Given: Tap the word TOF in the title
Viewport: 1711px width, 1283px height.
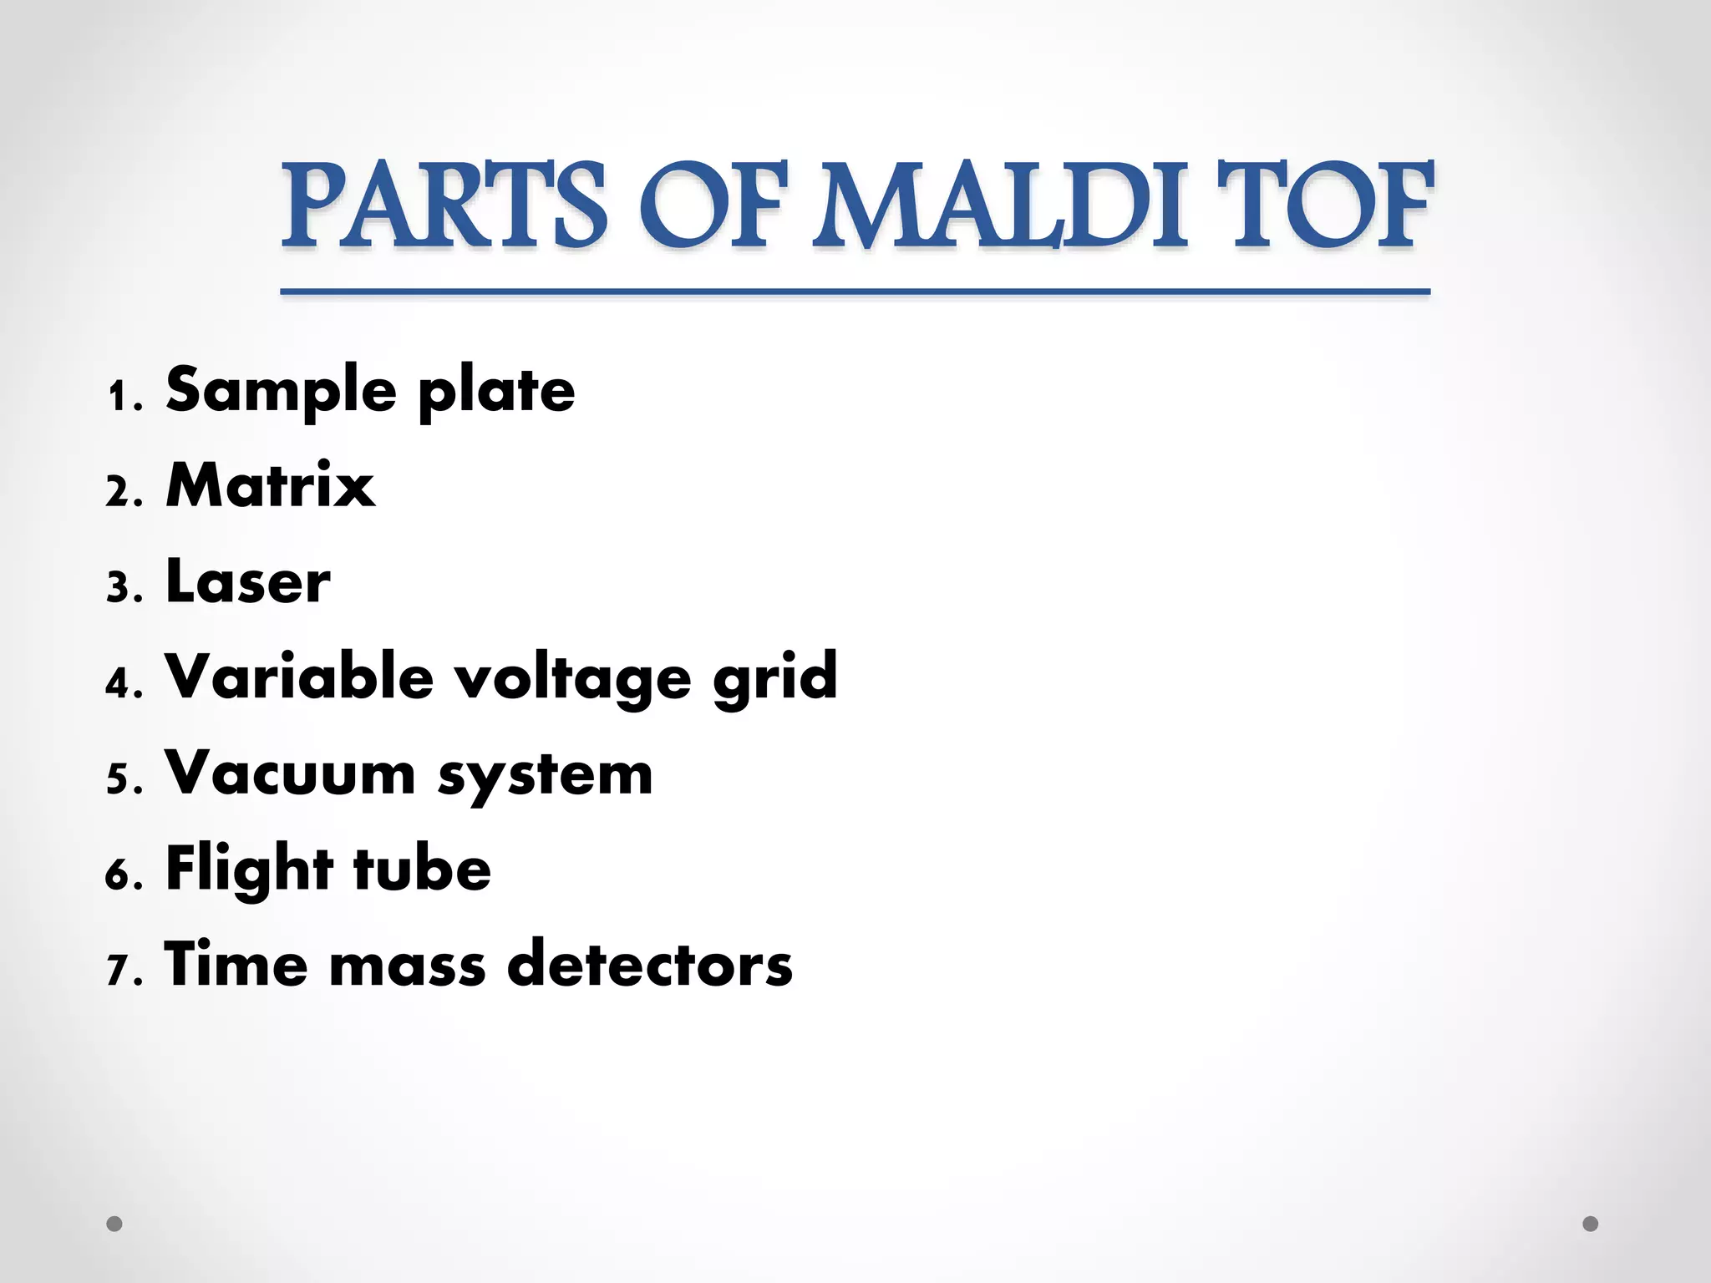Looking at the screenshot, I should coord(1324,205).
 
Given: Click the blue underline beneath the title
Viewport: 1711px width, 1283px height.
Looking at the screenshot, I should coord(855,292).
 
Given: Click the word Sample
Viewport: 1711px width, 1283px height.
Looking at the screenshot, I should coord(281,391).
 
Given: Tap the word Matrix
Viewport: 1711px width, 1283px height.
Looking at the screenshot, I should coord(270,485).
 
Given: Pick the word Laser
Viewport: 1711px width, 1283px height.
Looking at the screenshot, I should coord(248,581).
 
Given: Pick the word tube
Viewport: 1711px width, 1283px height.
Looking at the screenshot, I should coord(422,870).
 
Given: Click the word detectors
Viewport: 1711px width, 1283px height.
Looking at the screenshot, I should coord(650,965).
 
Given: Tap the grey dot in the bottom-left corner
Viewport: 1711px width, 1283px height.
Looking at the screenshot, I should coord(114,1224).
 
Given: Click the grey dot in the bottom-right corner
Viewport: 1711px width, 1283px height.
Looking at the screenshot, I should coord(1591,1224).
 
